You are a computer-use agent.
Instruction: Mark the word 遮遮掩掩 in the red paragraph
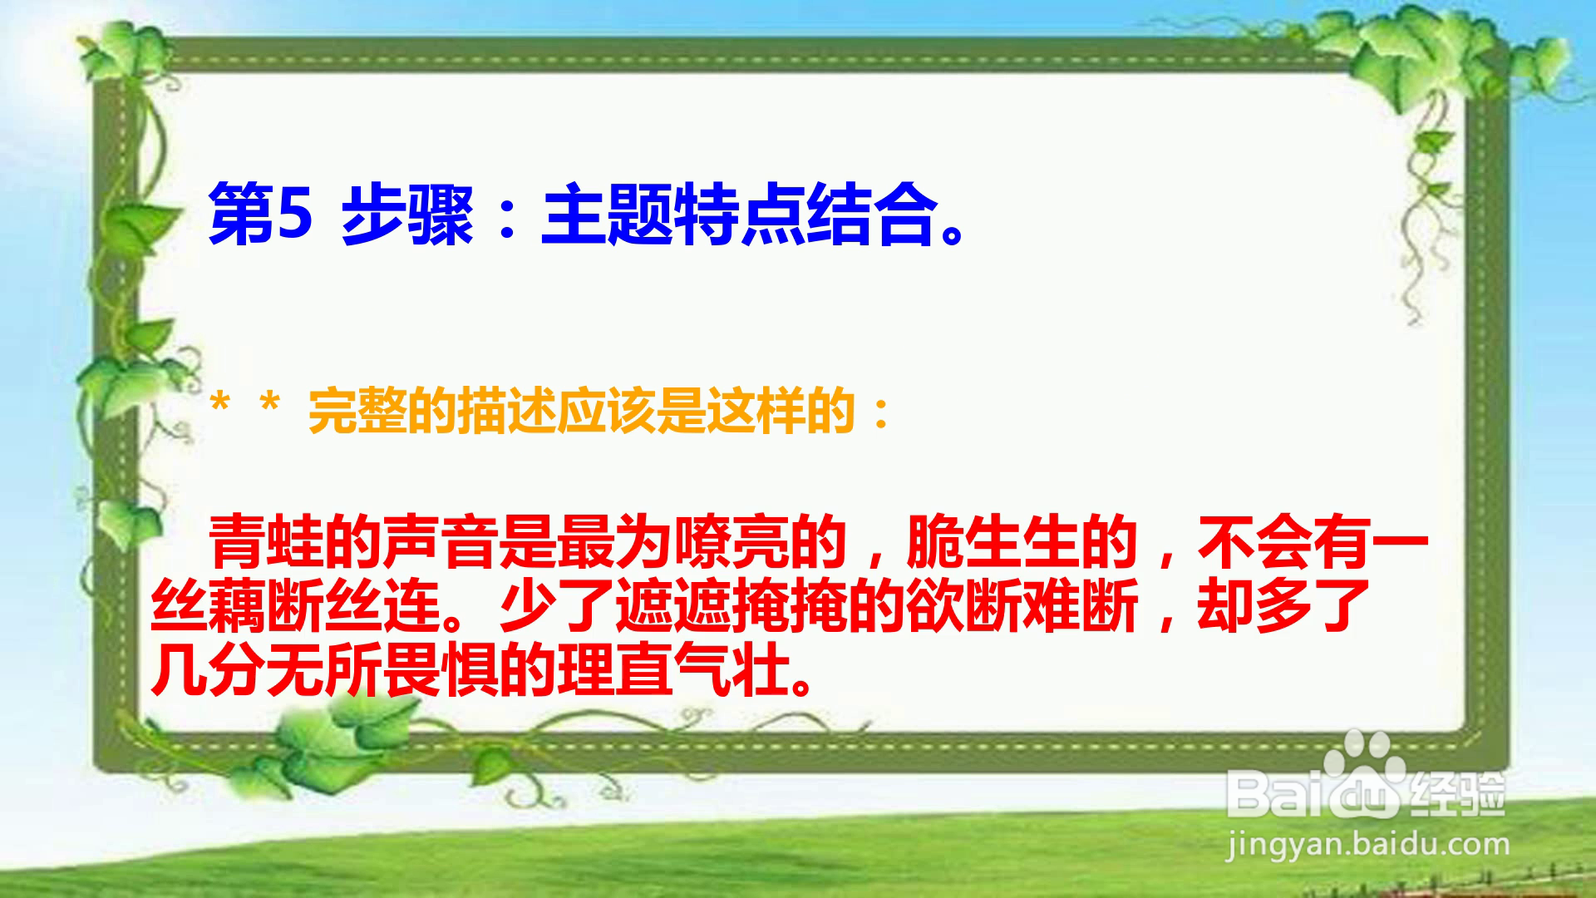click(x=731, y=605)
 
